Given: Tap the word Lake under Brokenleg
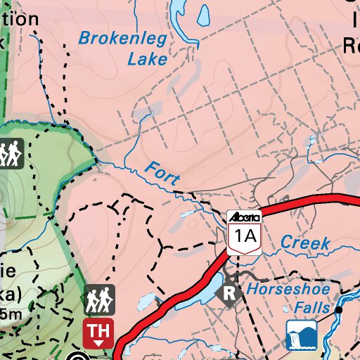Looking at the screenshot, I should (147, 58).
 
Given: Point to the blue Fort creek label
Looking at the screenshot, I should (162, 173).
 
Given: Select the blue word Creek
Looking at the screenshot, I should (305, 243).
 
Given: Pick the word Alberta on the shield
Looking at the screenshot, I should (245, 216).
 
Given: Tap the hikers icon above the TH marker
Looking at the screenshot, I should (98, 301).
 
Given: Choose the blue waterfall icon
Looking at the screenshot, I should (302, 335).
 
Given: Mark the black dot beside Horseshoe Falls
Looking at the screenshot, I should (338, 309).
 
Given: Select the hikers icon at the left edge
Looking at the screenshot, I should (10, 153).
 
